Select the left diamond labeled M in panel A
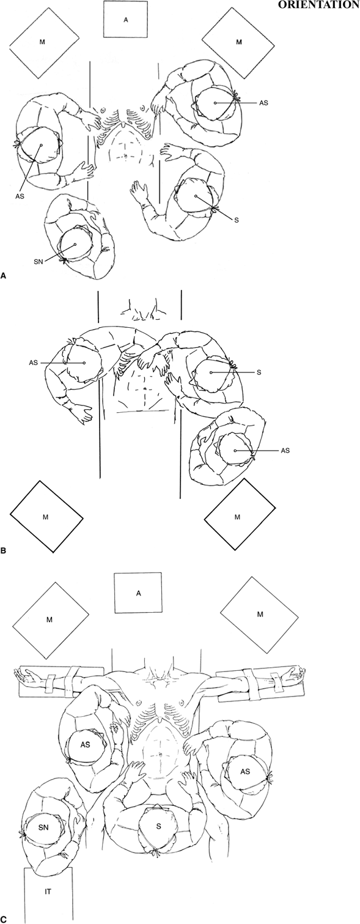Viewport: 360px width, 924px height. coord(43,42)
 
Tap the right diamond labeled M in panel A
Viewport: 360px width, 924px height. coord(239,42)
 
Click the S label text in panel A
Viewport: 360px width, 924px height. coord(236,221)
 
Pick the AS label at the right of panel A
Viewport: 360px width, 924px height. coord(263,103)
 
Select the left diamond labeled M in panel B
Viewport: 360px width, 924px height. coord(46,517)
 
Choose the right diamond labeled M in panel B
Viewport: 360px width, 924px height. coord(237,517)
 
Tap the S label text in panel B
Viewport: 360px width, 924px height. coord(259,372)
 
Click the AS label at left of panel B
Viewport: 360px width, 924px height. coord(34,363)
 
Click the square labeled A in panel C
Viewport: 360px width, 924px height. coord(139,593)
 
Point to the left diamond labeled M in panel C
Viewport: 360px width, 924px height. coord(50,619)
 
